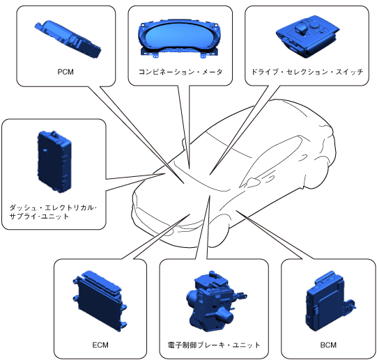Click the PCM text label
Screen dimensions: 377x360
(66, 72)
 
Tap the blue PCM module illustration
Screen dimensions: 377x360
(68, 39)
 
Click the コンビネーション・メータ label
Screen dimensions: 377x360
(180, 72)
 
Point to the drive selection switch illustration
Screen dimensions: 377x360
(307, 36)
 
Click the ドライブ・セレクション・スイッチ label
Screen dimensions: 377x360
(307, 72)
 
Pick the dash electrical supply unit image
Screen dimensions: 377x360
(54, 162)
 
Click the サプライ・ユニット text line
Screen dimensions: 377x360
(39, 217)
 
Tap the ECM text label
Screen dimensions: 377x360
(100, 345)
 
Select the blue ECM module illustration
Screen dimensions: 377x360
(100, 301)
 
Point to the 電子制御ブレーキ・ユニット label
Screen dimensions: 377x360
(214, 345)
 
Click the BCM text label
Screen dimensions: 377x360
(328, 345)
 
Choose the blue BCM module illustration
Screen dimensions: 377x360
(330, 301)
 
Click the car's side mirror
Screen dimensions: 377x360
(252, 182)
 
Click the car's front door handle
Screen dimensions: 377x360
(270, 178)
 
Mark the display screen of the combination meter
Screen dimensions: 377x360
(179, 36)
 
